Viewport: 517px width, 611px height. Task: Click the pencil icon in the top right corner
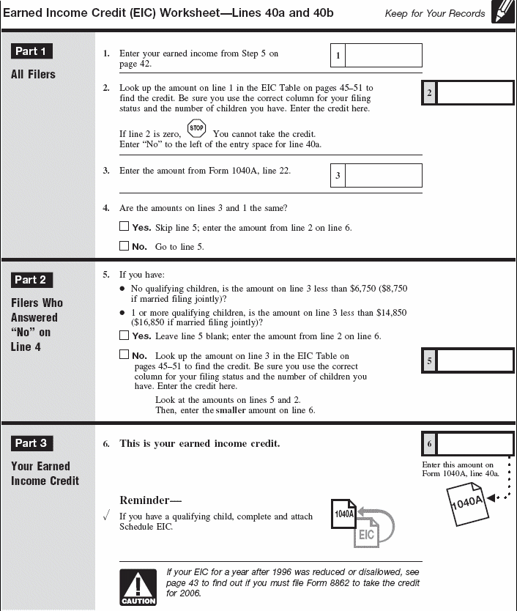pos(502,12)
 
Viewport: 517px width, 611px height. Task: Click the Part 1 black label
pos(31,51)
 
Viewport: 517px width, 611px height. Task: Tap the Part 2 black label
pos(31,280)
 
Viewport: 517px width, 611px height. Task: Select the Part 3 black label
pos(31,443)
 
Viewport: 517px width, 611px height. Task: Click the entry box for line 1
pos(383,56)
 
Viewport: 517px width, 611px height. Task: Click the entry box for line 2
pos(475,93)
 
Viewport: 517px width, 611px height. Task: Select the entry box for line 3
pos(383,176)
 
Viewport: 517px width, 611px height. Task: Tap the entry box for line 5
pos(475,361)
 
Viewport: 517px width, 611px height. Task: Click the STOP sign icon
pos(196,128)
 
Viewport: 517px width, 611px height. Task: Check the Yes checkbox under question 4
pos(124,227)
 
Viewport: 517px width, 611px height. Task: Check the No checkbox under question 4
pos(124,246)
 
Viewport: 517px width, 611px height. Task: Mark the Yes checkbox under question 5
pos(124,336)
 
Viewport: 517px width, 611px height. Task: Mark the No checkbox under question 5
pos(124,355)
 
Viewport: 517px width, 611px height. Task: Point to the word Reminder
pos(149,500)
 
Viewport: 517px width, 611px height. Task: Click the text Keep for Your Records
pos(435,13)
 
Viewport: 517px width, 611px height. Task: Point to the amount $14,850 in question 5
pos(388,313)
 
